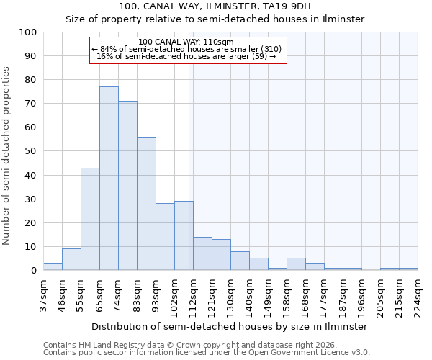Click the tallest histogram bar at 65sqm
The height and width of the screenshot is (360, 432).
pos(109,179)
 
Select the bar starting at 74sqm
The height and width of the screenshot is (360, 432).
pos(127,186)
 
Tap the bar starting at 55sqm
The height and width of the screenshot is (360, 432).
pos(90,219)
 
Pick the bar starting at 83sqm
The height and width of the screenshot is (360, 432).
pos(146,204)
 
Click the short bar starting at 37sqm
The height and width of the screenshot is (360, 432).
pos(53,267)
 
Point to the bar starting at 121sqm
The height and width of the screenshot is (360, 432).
pos(221,255)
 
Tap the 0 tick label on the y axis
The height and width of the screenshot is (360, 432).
pos(33,271)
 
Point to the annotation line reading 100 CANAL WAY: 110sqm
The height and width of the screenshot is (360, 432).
pos(186,42)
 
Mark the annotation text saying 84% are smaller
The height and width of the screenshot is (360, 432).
pos(186,49)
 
